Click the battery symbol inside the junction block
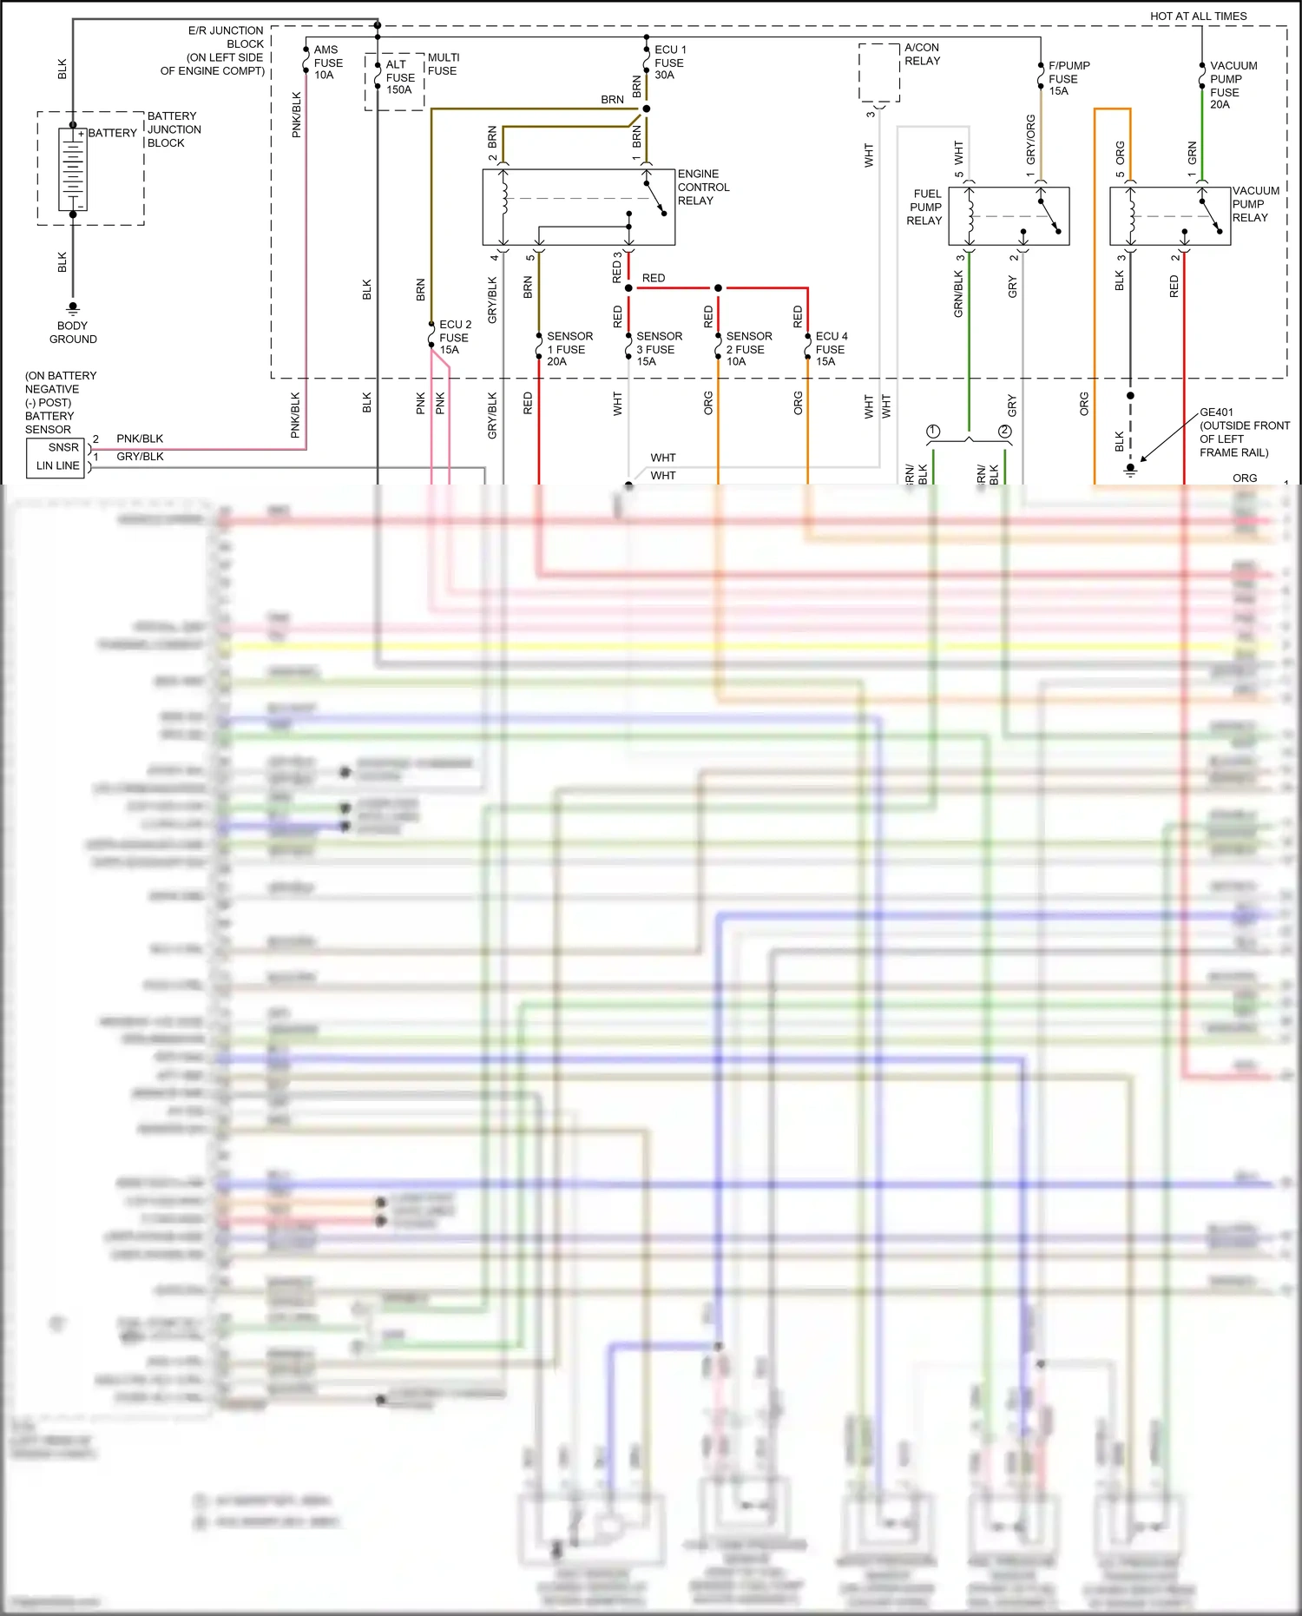coord(73,169)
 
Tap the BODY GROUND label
coord(73,333)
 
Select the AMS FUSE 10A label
coord(328,63)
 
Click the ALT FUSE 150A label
coord(399,77)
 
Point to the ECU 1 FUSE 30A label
coord(669,63)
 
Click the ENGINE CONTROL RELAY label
coord(703,188)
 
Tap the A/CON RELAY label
coord(922,55)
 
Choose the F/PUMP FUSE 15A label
coord(1068,78)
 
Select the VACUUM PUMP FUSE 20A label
coord(1233,85)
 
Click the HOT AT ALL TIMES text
coord(1198,16)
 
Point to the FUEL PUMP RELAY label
coord(925,208)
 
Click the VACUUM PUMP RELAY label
coord(1255,204)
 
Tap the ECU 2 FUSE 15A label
coord(455,338)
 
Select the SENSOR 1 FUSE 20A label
coord(569,349)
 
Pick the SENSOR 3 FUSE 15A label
coord(659,349)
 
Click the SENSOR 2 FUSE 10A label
coord(748,349)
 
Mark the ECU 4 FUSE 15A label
coord(831,349)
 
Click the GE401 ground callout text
coord(1244,432)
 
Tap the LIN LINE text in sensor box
coord(58,466)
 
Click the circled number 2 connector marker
coord(1005,432)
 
